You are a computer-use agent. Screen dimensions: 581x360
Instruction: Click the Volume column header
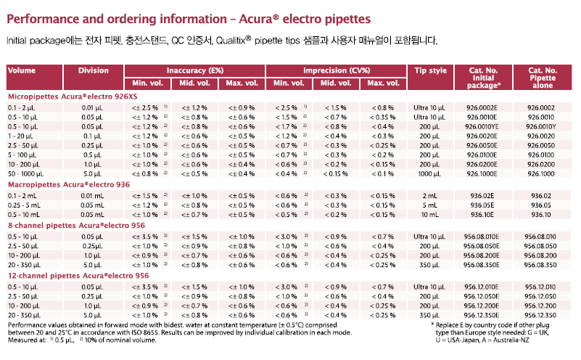(22, 70)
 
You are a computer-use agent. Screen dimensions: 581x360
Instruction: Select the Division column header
(94, 70)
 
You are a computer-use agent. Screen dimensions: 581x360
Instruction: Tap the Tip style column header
(431, 70)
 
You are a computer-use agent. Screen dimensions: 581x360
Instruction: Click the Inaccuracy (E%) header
(195, 70)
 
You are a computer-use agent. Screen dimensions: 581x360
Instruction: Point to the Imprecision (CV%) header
(337, 70)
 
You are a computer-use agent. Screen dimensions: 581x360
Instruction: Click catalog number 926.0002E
(482, 108)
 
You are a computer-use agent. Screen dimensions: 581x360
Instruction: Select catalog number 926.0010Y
(541, 127)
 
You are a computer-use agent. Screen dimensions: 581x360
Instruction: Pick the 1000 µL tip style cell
(430, 174)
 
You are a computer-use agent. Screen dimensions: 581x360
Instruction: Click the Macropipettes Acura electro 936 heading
(69, 184)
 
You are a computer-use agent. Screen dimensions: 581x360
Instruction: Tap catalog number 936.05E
(482, 205)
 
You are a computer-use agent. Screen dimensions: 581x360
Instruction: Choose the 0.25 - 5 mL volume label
(25, 205)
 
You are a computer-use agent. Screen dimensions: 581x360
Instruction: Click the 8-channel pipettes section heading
(76, 226)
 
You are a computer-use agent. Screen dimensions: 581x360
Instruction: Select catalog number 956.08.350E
(482, 265)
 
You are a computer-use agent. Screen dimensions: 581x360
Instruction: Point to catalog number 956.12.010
(540, 287)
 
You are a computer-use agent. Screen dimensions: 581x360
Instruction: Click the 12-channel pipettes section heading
(78, 276)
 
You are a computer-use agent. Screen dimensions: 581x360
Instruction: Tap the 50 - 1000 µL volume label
(25, 174)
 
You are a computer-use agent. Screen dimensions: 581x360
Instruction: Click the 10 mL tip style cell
(430, 215)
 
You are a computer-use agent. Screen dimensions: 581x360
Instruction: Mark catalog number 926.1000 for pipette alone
(541, 174)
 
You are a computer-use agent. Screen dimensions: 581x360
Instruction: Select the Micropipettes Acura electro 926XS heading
(73, 97)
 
